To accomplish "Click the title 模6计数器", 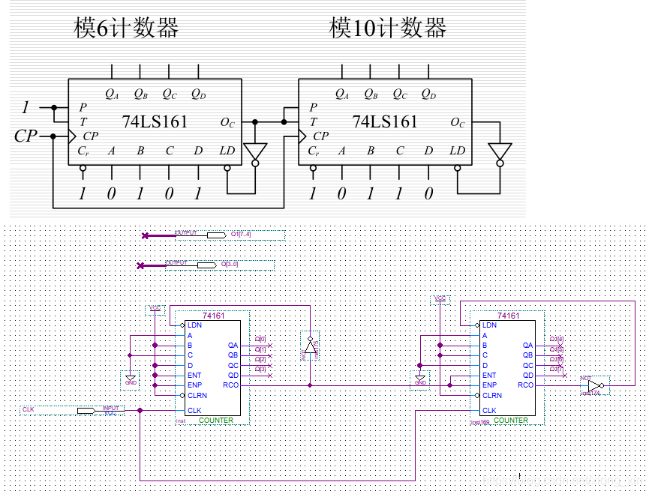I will (x=126, y=28).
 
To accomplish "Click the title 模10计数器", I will (x=388, y=28).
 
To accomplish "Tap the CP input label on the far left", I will (x=26, y=136).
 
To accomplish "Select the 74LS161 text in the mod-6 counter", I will (x=155, y=121).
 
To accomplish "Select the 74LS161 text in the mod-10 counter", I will (x=385, y=121).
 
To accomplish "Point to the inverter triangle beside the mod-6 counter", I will (x=255, y=151).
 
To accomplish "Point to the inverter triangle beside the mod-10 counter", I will (x=499, y=151).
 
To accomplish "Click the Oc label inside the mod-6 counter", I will (x=227, y=122).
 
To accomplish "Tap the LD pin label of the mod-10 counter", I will (x=457, y=151).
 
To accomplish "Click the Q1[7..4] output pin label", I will (x=242, y=235).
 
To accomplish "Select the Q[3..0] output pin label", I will (x=230, y=264).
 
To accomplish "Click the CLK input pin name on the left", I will (x=29, y=409).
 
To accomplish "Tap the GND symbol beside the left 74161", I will (x=131, y=379).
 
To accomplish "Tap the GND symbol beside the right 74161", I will (x=419, y=379).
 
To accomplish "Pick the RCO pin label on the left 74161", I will (x=231, y=385).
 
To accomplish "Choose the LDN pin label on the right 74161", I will (x=489, y=325).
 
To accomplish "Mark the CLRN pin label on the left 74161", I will (x=197, y=395).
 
